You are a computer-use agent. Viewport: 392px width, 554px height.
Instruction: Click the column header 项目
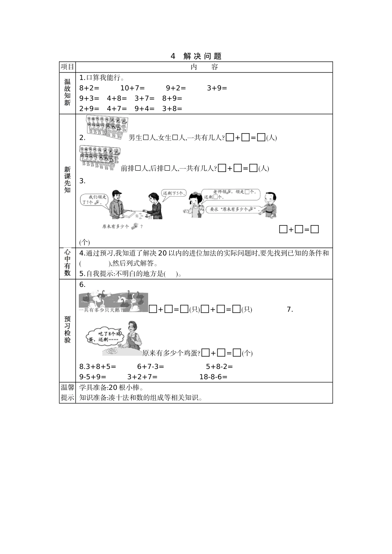67,67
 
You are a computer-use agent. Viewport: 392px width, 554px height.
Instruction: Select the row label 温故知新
67,92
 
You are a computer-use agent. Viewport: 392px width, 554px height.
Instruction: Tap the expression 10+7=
132,88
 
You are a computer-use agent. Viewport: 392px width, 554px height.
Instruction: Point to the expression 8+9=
172,98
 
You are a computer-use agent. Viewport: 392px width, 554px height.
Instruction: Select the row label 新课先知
67,180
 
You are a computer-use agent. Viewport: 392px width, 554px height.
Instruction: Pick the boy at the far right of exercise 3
270,205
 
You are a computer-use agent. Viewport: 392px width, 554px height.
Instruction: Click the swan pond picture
113,303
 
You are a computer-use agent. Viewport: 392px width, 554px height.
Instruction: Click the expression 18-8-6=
213,376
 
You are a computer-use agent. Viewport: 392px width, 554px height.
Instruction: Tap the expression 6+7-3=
151,366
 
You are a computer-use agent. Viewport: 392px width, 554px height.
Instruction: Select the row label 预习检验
67,329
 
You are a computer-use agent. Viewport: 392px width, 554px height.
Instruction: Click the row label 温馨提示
67,392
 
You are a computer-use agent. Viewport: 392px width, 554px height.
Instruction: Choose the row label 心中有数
67,263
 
